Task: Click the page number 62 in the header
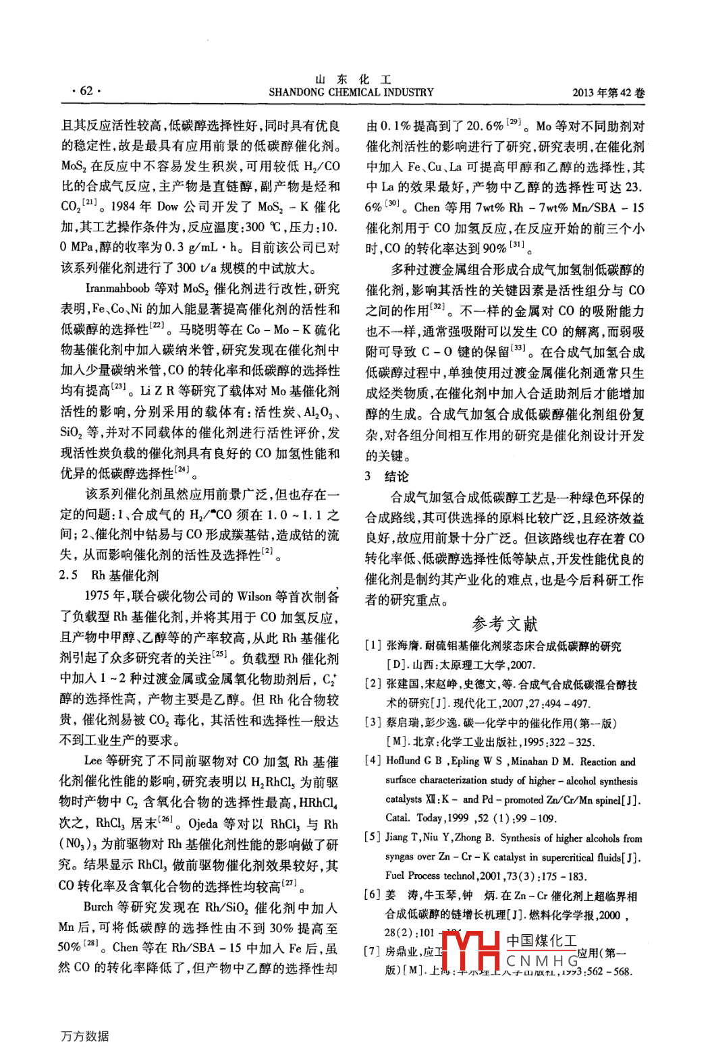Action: (86, 90)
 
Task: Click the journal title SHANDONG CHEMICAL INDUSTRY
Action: (351, 92)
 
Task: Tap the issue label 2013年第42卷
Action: (608, 93)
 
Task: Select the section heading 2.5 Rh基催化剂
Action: (109, 575)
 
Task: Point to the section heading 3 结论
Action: (387, 476)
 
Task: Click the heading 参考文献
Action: (505, 623)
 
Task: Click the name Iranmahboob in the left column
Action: (117, 289)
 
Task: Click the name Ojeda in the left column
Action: (202, 824)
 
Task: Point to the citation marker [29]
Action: (514, 122)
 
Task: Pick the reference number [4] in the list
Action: (373, 760)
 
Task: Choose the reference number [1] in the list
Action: (373, 646)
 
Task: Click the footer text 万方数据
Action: (84, 1036)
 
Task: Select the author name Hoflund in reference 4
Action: (403, 761)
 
